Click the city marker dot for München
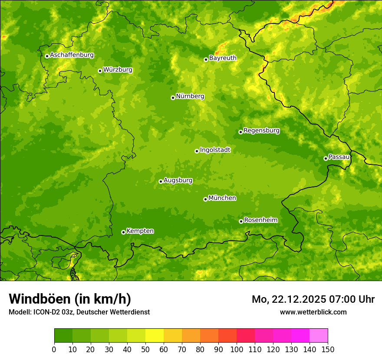(x=205, y=199)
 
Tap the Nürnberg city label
(x=190, y=96)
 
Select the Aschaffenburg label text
(x=72, y=55)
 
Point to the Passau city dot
(x=326, y=158)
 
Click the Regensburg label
(x=261, y=131)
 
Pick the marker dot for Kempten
(x=123, y=232)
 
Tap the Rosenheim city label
(x=260, y=220)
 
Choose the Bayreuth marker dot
(x=206, y=59)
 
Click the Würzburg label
(x=118, y=70)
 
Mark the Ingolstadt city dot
(x=197, y=151)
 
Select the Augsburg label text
(x=178, y=180)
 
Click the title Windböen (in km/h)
(x=70, y=299)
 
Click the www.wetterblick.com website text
(x=313, y=312)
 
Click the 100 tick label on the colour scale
(x=237, y=349)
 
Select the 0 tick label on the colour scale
(x=54, y=349)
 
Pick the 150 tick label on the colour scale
(x=328, y=349)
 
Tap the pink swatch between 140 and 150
(x=319, y=336)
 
